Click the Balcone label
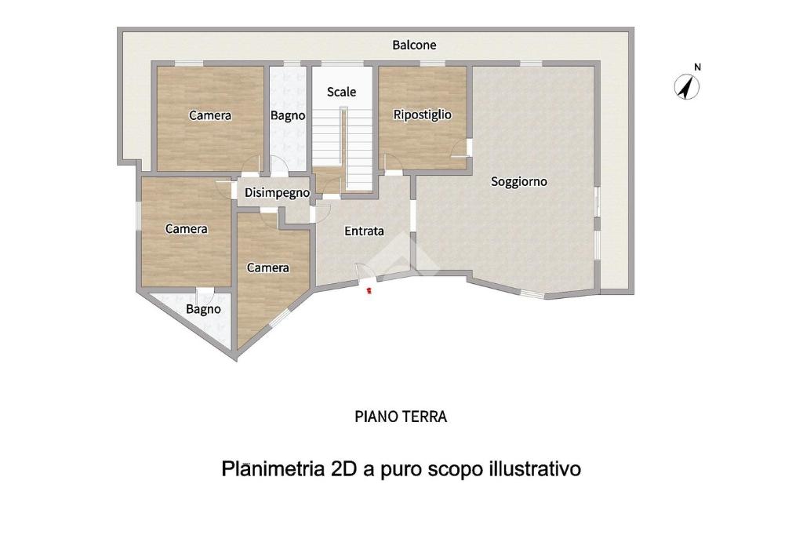[x=414, y=45]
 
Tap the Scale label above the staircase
[x=342, y=93]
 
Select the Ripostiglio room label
[x=423, y=115]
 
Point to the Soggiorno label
[x=519, y=182]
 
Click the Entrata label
[x=364, y=231]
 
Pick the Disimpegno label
[x=277, y=193]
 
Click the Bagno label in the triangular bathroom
[x=203, y=310]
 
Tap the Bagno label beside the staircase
[x=288, y=116]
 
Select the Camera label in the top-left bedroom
[x=210, y=116]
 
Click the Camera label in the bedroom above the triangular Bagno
[x=187, y=229]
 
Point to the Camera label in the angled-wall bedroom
[x=268, y=268]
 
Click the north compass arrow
[x=687, y=86]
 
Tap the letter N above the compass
[x=697, y=67]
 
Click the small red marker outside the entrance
[x=369, y=291]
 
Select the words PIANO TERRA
[x=401, y=417]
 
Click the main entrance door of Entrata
[x=367, y=271]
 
